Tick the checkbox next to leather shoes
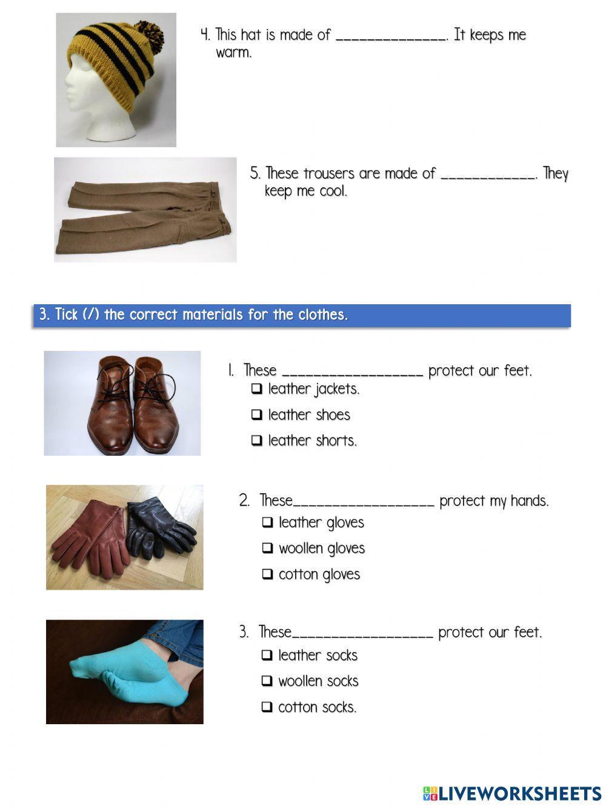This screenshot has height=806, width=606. coord(257,415)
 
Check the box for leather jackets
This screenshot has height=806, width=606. coord(257,389)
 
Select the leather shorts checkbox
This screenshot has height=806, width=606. coord(257,441)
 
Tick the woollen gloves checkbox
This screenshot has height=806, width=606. coord(267,548)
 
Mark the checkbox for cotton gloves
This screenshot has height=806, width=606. coord(267,575)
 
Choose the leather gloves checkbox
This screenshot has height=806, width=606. coord(267,522)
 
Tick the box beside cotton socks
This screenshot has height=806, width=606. coord(267,707)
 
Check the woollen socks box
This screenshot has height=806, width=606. coord(267,681)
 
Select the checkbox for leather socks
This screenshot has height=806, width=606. coord(267,655)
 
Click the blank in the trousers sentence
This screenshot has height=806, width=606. coord(488,175)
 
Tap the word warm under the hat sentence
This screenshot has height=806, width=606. coord(233,53)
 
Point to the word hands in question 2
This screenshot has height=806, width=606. coord(528,501)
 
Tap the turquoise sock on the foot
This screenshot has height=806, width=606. coord(121,676)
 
